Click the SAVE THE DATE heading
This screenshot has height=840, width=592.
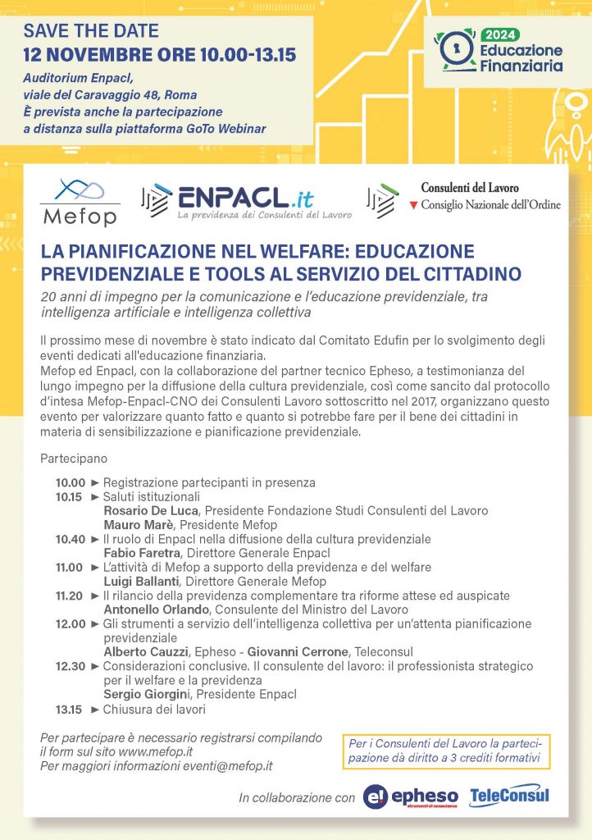click(91, 33)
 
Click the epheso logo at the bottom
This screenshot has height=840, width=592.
click(412, 797)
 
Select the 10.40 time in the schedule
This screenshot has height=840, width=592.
click(71, 539)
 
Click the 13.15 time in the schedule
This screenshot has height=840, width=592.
click(71, 710)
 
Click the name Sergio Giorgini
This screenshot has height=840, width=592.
click(147, 695)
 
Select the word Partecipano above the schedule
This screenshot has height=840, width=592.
click(72, 458)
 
